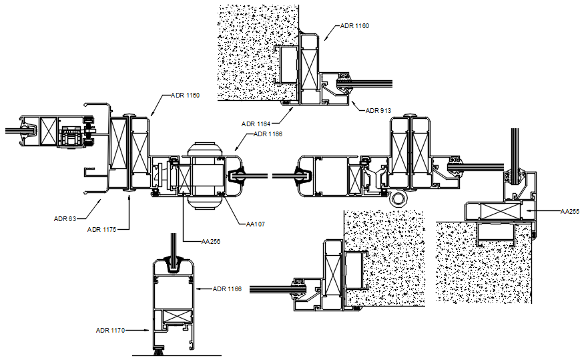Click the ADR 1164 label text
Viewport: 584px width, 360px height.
256,124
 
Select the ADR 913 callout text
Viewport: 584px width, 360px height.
378,111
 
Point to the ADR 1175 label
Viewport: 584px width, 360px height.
102,229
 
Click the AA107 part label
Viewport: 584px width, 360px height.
255,224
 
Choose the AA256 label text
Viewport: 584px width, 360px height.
210,242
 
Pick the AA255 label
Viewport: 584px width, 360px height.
569,211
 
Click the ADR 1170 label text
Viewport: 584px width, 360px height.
111,330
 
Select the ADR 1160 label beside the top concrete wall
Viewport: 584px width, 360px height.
354,26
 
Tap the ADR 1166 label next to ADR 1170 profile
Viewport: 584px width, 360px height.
228,289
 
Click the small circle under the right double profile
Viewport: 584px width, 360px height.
399,199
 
